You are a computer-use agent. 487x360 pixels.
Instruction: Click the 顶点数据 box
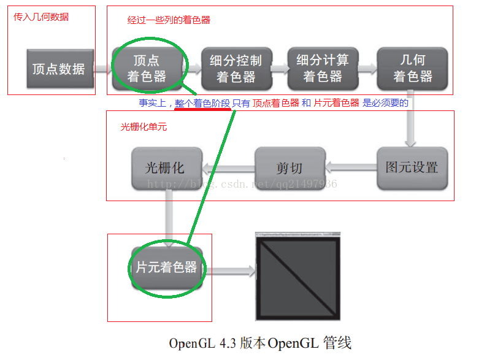59,68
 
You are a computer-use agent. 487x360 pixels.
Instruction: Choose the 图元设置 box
412,167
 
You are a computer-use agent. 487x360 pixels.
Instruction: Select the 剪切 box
289,167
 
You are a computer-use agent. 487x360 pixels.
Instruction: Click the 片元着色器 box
166,268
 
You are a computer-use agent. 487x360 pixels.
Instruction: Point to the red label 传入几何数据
41,17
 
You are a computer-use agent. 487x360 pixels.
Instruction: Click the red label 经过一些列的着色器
169,20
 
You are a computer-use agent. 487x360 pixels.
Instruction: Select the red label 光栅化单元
144,127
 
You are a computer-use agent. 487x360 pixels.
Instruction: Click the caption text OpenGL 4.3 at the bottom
199,343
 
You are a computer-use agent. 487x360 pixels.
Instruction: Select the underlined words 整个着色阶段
202,104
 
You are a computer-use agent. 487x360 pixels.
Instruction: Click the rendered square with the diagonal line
297,276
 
